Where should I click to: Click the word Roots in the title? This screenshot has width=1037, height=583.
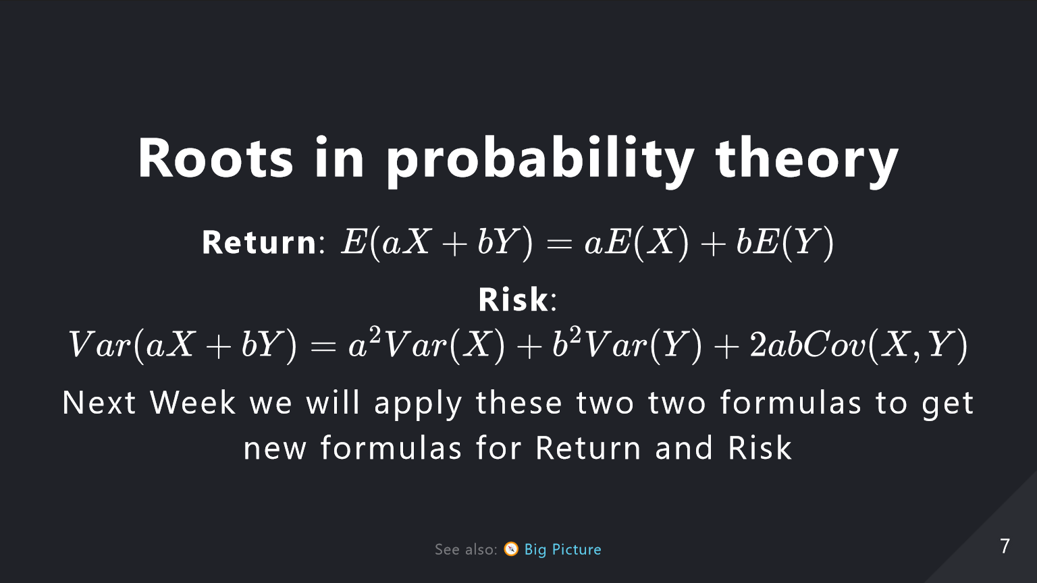pyautogui.click(x=215, y=157)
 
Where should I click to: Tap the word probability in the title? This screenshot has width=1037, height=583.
pyautogui.click(x=540, y=162)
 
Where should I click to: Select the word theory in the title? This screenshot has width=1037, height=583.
pyautogui.click(x=807, y=162)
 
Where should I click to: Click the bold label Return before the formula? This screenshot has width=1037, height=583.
pyautogui.click(x=259, y=242)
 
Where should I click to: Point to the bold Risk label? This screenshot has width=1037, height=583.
pyautogui.click(x=513, y=300)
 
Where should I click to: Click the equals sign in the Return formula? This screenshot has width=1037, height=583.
pyautogui.click(x=560, y=244)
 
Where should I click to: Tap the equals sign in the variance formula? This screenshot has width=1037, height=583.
pyautogui.click(x=323, y=346)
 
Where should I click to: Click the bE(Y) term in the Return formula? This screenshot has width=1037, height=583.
pyautogui.click(x=785, y=242)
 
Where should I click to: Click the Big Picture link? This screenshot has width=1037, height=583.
pyautogui.click(x=562, y=549)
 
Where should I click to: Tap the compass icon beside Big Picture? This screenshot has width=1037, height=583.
pyautogui.click(x=511, y=549)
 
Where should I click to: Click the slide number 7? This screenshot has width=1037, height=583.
pyautogui.click(x=1005, y=547)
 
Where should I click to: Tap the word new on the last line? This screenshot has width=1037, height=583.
pyautogui.click(x=275, y=449)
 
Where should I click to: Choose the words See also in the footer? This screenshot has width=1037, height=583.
pyautogui.click(x=466, y=549)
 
